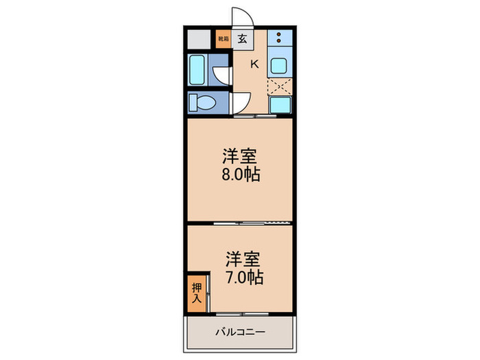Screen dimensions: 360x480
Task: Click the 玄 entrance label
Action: tap(243, 38)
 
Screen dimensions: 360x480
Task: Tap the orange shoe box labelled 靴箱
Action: tap(223, 39)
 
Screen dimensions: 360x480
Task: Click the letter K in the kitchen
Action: tap(254, 64)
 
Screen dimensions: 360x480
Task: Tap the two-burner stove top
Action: tap(280, 38)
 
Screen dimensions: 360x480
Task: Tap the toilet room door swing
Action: tap(239, 103)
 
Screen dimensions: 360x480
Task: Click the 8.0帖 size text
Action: tap(240, 174)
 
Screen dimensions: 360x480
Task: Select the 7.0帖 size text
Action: tap(245, 278)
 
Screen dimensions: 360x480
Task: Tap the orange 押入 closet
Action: tap(196, 293)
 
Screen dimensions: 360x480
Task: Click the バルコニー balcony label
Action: tap(241, 332)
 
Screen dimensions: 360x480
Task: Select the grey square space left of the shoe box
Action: tap(199, 38)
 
